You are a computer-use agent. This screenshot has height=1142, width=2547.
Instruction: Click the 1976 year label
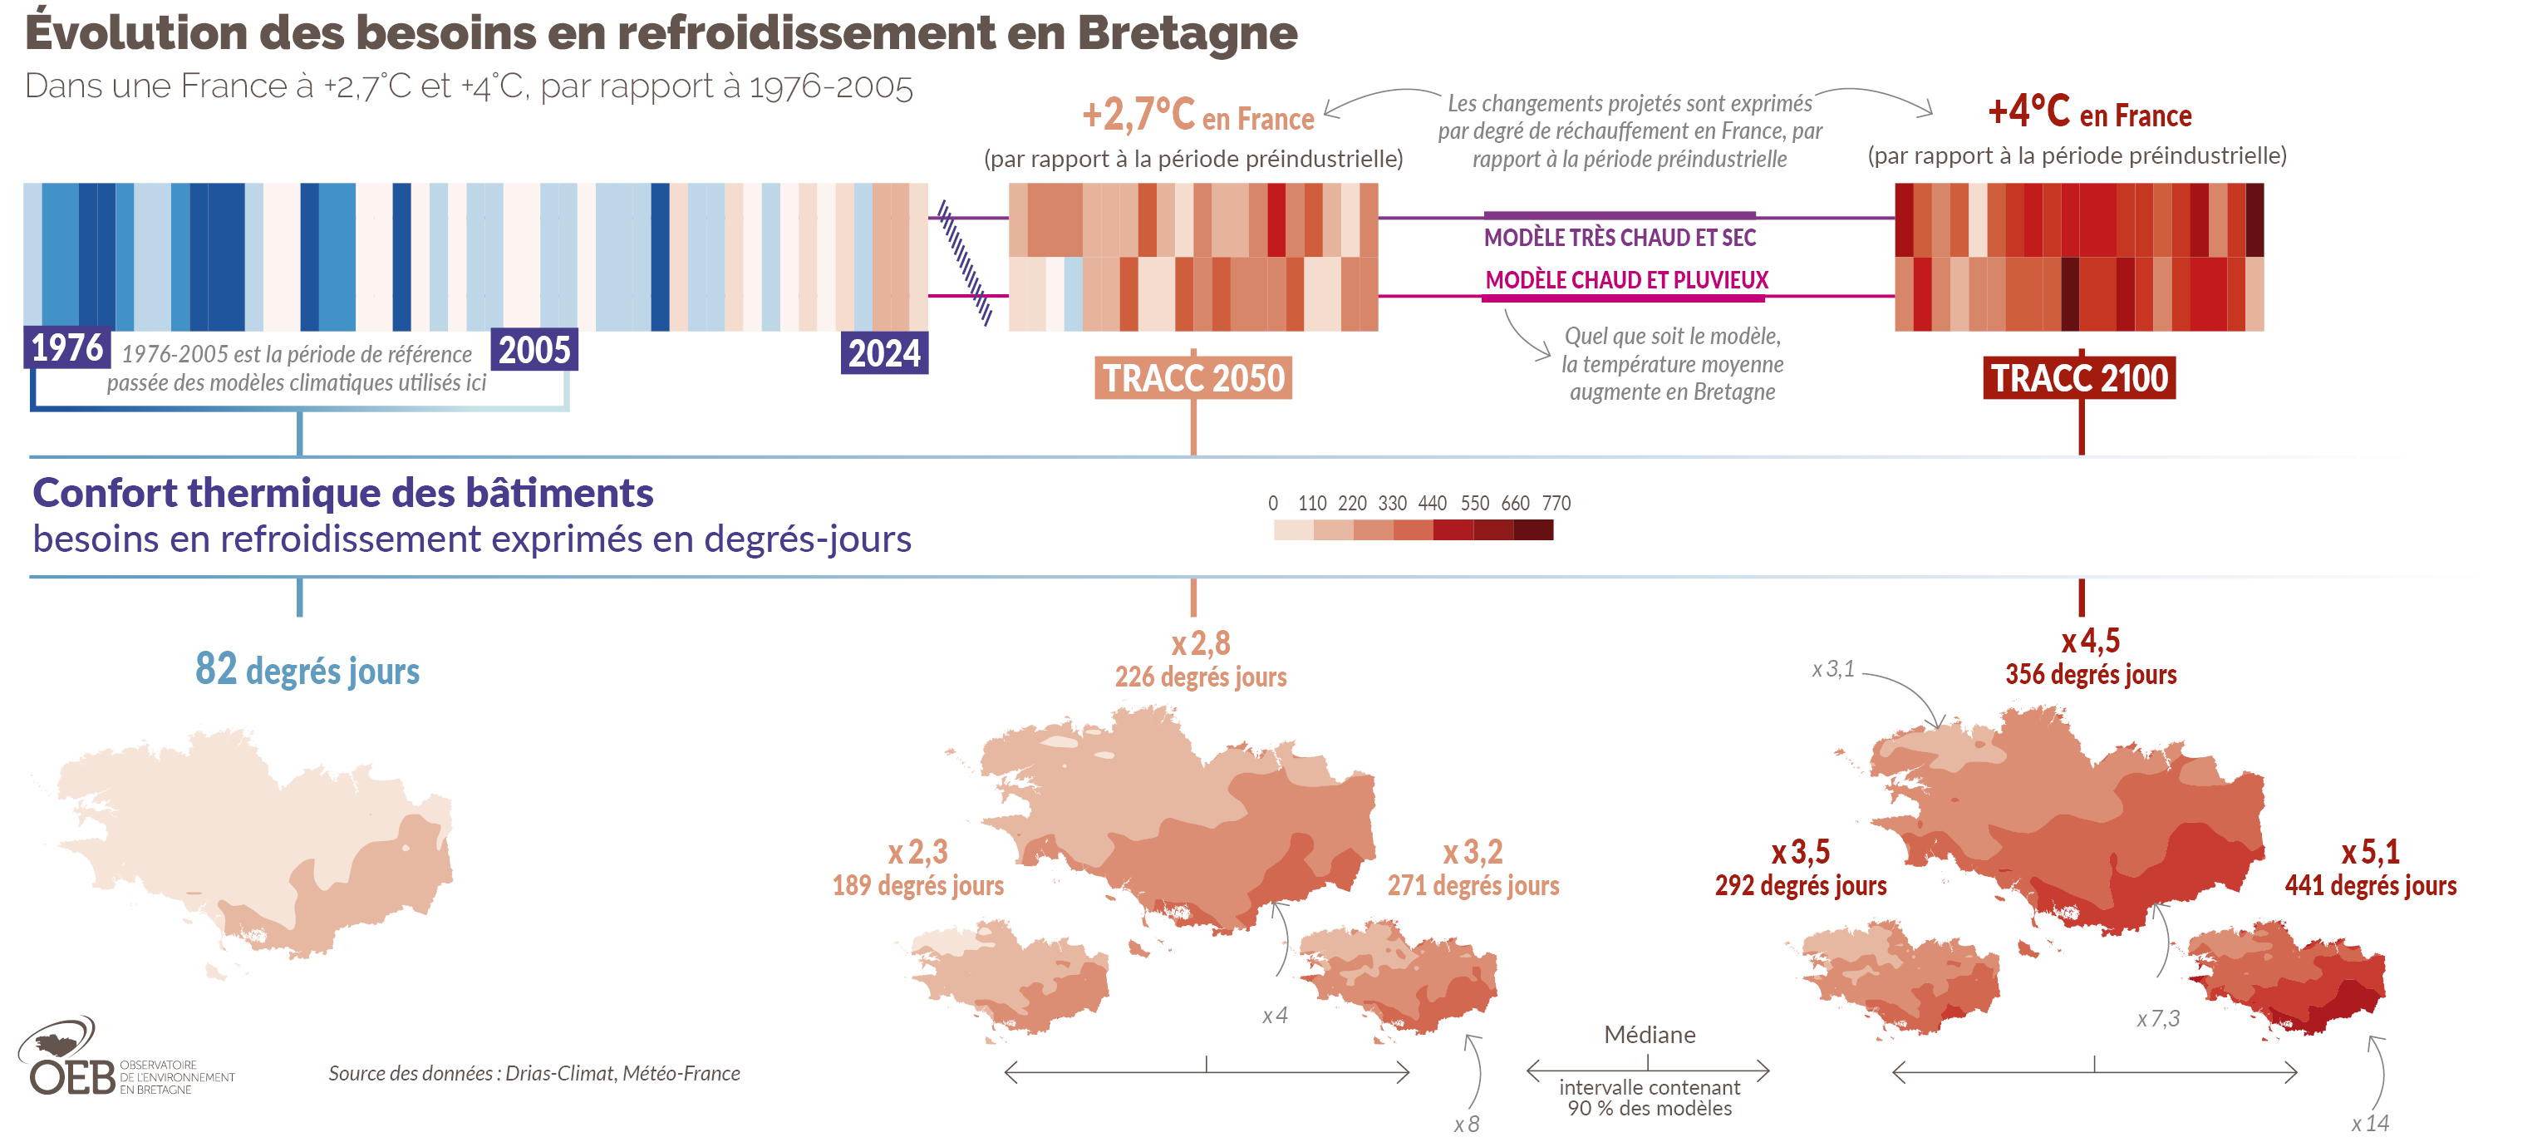pyautogui.click(x=66, y=348)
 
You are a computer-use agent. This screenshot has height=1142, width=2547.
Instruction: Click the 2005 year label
pyautogui.click(x=534, y=350)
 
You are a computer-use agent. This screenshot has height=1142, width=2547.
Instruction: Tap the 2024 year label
pyautogui.click(x=884, y=353)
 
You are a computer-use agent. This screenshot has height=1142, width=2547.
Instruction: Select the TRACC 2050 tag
pyautogui.click(x=1193, y=377)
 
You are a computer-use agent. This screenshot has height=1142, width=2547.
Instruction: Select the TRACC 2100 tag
pyautogui.click(x=2078, y=377)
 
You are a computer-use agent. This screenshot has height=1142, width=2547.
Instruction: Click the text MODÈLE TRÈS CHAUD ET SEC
pyautogui.click(x=1620, y=238)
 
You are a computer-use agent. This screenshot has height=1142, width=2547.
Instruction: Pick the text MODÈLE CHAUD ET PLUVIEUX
pyautogui.click(x=1626, y=280)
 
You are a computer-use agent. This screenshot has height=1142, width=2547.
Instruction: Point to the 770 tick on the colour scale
pyautogui.click(x=1556, y=504)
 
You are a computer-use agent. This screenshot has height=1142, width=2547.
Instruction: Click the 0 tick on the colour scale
pyautogui.click(x=1272, y=504)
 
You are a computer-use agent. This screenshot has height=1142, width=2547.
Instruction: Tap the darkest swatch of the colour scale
pyautogui.click(x=1532, y=530)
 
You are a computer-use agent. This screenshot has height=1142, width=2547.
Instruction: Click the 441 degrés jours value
pyautogui.click(x=2370, y=885)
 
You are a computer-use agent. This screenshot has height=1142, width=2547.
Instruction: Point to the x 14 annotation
pyautogui.click(x=2369, y=1123)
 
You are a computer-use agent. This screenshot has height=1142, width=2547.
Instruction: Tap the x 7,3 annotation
pyautogui.click(x=2157, y=1018)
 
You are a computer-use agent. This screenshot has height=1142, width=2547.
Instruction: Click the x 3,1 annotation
pyautogui.click(x=1832, y=669)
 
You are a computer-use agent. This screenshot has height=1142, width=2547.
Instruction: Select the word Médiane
pyautogui.click(x=1650, y=1034)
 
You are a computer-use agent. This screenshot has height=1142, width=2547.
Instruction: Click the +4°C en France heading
pyautogui.click(x=2089, y=113)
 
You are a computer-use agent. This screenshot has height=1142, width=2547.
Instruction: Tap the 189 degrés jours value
pyautogui.click(x=917, y=885)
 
